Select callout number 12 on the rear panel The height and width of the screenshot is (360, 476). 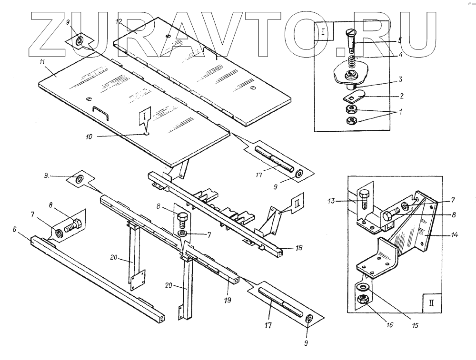119,22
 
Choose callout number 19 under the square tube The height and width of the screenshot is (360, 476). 228,301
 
